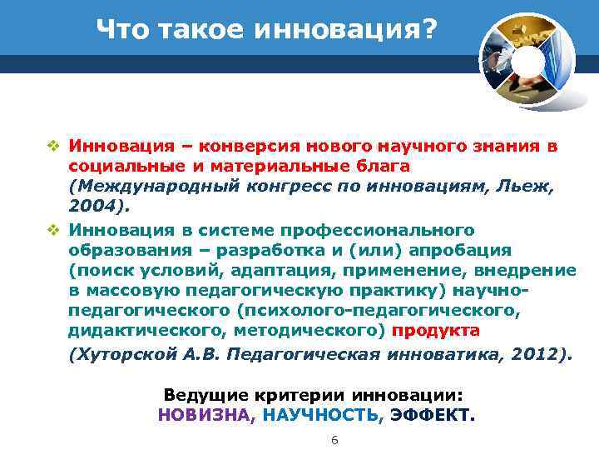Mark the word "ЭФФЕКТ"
432,415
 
